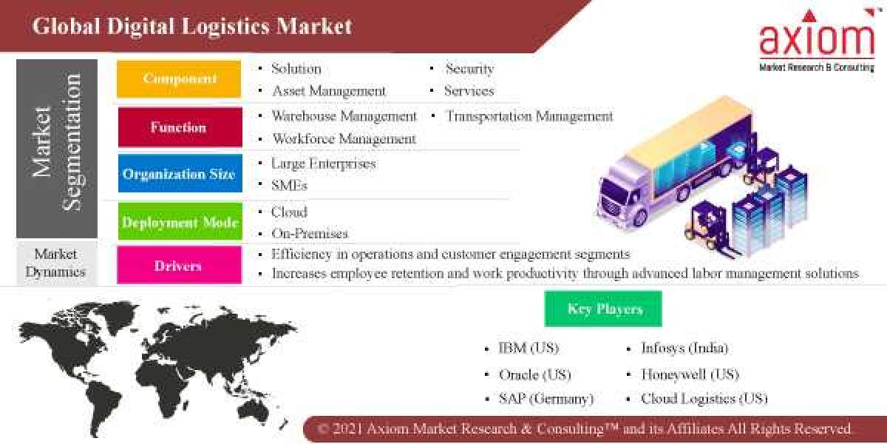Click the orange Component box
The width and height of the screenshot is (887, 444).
point(179,79)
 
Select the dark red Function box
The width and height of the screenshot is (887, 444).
point(179,127)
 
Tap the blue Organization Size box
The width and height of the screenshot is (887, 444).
point(179,174)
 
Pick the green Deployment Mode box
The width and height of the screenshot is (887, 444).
point(179,222)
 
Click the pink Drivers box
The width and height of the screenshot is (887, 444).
point(179,266)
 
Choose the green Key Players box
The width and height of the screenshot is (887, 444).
point(603,309)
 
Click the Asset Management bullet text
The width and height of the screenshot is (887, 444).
point(328,91)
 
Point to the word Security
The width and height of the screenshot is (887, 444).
point(469,69)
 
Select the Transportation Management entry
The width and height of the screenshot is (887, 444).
point(529,116)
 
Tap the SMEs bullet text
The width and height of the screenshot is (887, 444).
point(289,185)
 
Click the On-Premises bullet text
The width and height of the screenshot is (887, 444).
point(309,233)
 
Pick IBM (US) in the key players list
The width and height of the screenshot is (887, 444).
point(529,348)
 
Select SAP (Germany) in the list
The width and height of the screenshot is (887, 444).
point(546,399)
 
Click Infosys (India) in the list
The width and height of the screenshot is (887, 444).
point(684,348)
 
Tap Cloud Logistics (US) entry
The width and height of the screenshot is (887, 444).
point(704,399)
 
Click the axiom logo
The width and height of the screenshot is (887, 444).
point(816,41)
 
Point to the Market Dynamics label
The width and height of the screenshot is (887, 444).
point(55,263)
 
